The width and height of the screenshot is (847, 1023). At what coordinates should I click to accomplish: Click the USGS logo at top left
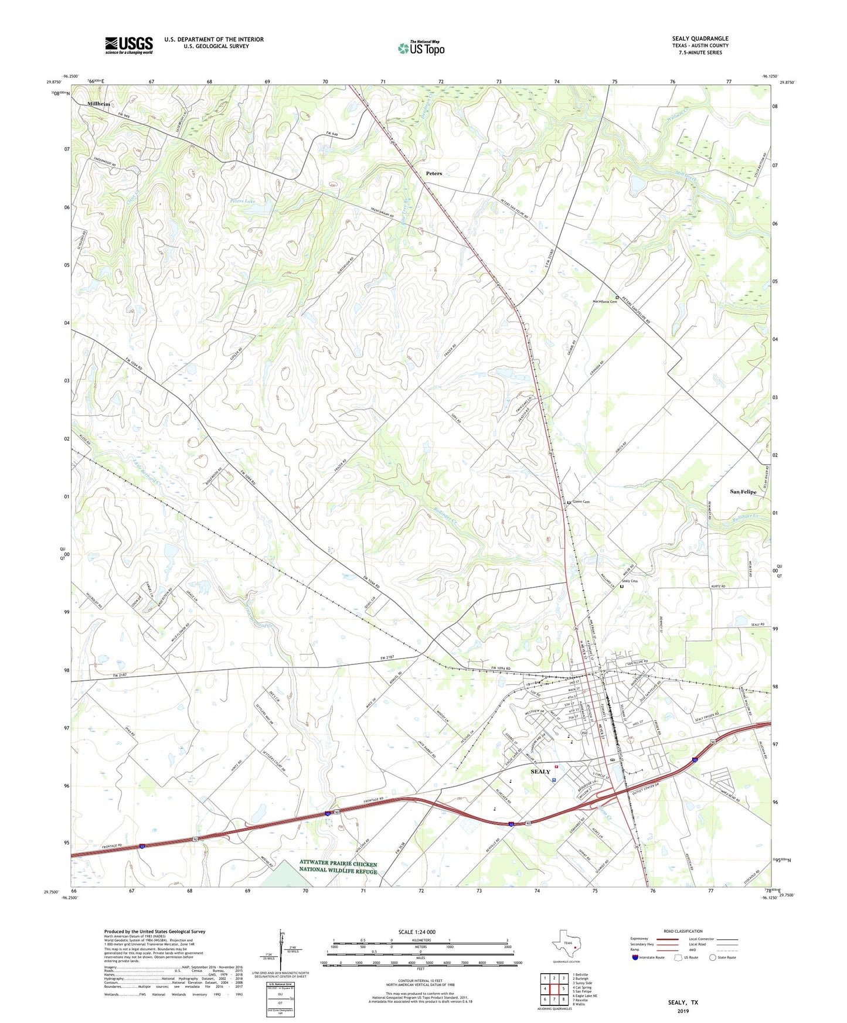pyautogui.click(x=129, y=45)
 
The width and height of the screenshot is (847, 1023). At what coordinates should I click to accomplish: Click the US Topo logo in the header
pyautogui.click(x=421, y=48)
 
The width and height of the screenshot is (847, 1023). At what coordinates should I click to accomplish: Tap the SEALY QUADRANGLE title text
pyautogui.click(x=700, y=39)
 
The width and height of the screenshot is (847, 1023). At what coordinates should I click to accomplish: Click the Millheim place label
pyautogui.click(x=98, y=104)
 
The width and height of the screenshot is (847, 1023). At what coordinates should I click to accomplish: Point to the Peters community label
pyautogui.click(x=434, y=173)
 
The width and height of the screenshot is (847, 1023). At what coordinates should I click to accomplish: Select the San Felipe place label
pyautogui.click(x=743, y=492)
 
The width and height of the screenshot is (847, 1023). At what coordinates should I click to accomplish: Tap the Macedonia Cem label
pyautogui.click(x=605, y=302)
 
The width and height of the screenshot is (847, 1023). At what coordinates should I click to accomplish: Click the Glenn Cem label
pyautogui.click(x=581, y=502)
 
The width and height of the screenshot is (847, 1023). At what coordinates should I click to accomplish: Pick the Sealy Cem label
pyautogui.click(x=630, y=581)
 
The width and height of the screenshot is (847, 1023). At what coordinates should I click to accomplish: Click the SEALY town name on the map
pyautogui.click(x=540, y=772)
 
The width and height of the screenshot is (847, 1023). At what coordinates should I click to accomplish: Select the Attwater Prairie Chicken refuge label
pyautogui.click(x=338, y=867)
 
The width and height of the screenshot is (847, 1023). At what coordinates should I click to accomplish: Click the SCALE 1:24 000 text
pyautogui.click(x=417, y=932)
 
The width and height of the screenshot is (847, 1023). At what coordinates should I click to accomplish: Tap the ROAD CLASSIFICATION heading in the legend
pyautogui.click(x=683, y=931)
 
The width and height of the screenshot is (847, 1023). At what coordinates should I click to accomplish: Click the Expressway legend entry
pyautogui.click(x=642, y=939)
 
